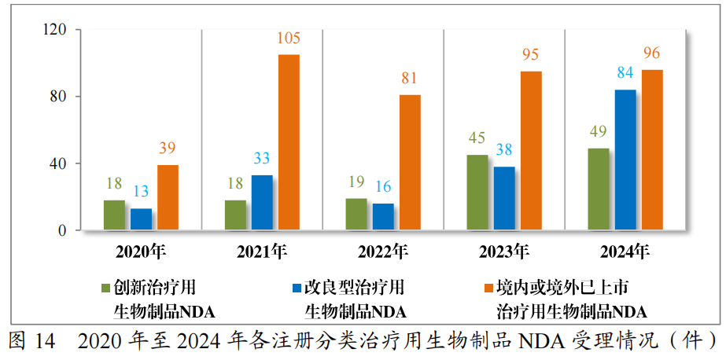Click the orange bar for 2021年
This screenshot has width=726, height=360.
click(x=289, y=142)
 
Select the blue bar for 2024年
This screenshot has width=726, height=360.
click(x=625, y=160)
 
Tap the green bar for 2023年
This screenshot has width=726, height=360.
click(x=477, y=193)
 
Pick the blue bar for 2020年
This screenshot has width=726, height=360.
click(x=142, y=219)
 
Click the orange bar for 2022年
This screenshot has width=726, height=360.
click(x=410, y=163)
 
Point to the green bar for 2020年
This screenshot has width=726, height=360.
click(x=115, y=215)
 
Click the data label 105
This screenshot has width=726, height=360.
click(x=289, y=39)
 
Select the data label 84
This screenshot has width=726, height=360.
click(x=625, y=73)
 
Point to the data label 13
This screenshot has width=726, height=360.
click(x=142, y=192)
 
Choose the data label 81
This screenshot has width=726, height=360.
click(x=410, y=79)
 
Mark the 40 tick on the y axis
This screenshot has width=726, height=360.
click(x=67, y=163)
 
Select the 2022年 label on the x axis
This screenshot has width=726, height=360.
click(x=383, y=252)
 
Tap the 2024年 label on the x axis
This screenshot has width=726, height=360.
click(x=625, y=252)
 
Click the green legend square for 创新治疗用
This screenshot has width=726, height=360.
click(x=106, y=288)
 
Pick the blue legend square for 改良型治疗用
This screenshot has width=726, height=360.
click(x=297, y=288)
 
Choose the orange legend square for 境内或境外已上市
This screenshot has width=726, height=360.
click(x=488, y=288)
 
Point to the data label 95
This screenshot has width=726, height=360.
click(x=531, y=55)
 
